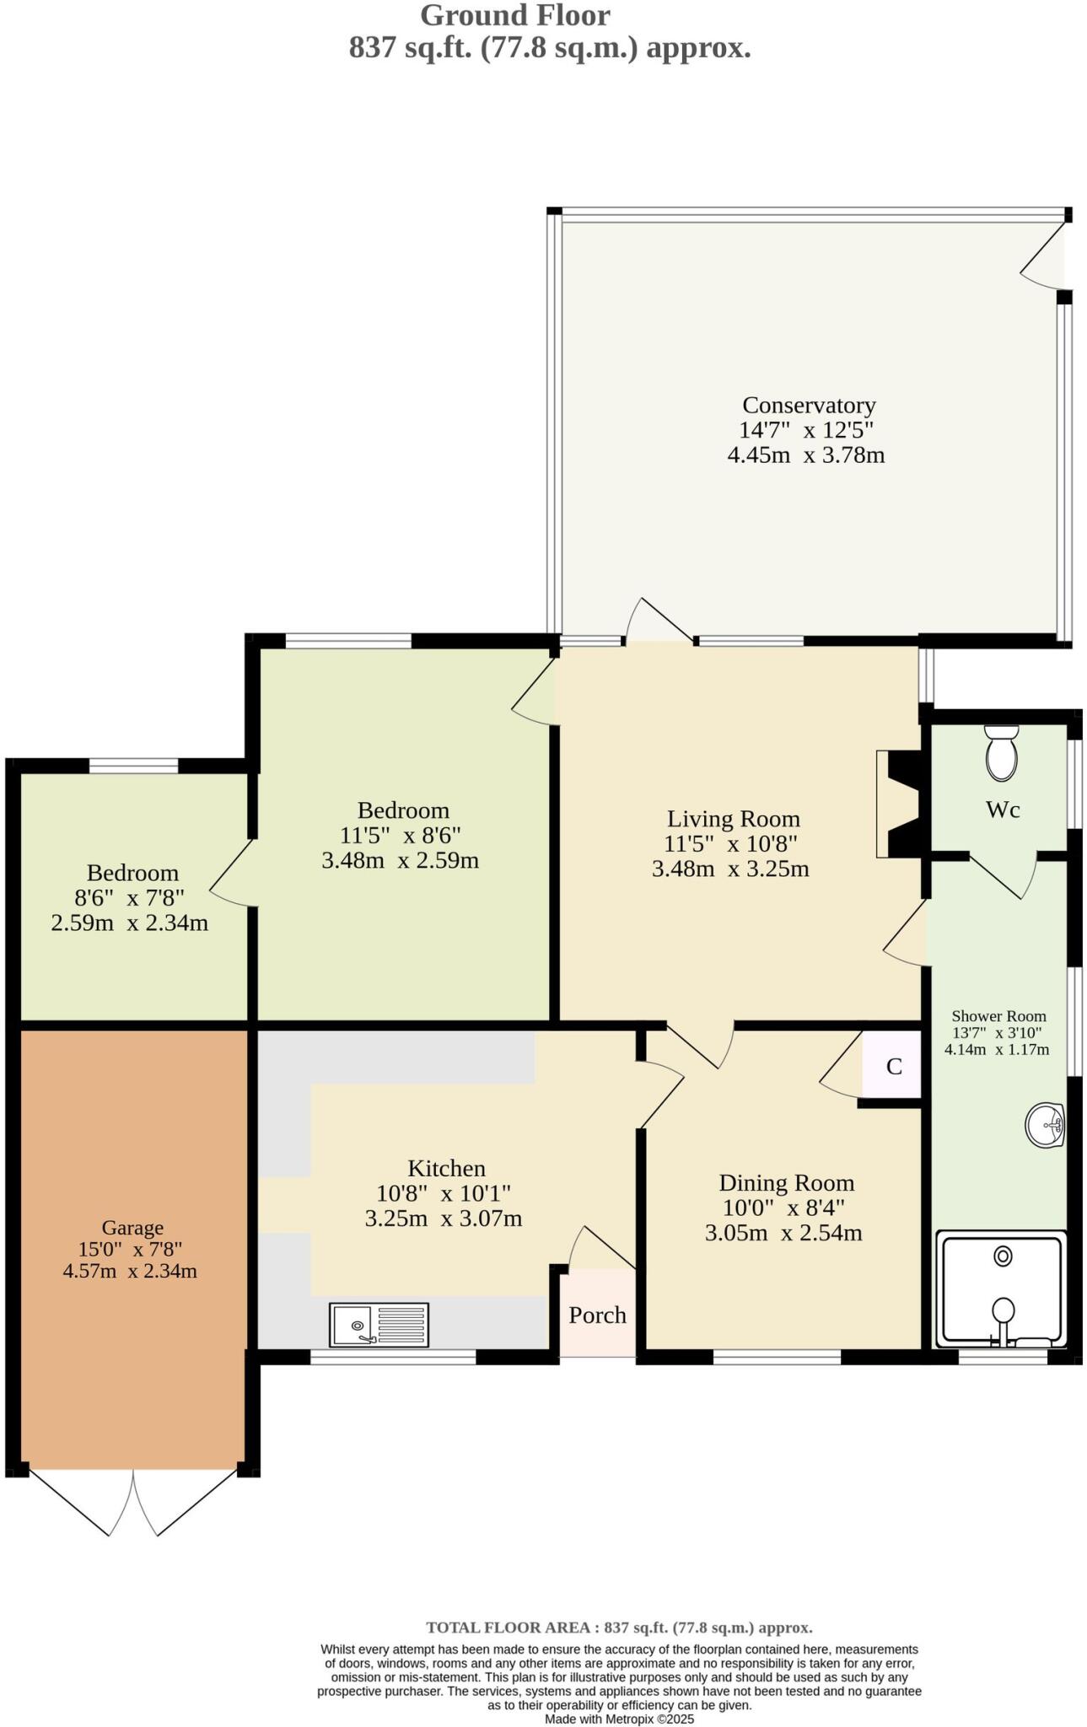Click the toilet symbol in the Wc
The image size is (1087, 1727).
click(1002, 753)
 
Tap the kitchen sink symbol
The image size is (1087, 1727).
click(379, 1324)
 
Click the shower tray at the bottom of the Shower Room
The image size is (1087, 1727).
click(1001, 1289)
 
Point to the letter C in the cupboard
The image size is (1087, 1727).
click(894, 1067)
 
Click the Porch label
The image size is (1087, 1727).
click(597, 1315)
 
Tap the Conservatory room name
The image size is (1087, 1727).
click(808, 406)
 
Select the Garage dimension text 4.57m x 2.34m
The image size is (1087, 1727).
click(130, 1271)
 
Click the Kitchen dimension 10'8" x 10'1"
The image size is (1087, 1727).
click(444, 1193)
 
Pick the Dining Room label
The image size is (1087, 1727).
click(786, 1183)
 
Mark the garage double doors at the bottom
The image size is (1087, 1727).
click(132, 1503)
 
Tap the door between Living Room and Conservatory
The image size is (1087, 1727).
click(659, 624)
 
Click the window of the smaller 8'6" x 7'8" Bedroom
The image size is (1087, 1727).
click(133, 766)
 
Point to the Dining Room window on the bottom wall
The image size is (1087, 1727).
click(777, 1357)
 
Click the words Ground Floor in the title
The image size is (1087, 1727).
click(514, 15)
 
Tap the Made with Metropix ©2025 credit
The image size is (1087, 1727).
click(619, 1719)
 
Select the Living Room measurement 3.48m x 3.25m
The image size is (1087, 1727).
click(730, 869)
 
